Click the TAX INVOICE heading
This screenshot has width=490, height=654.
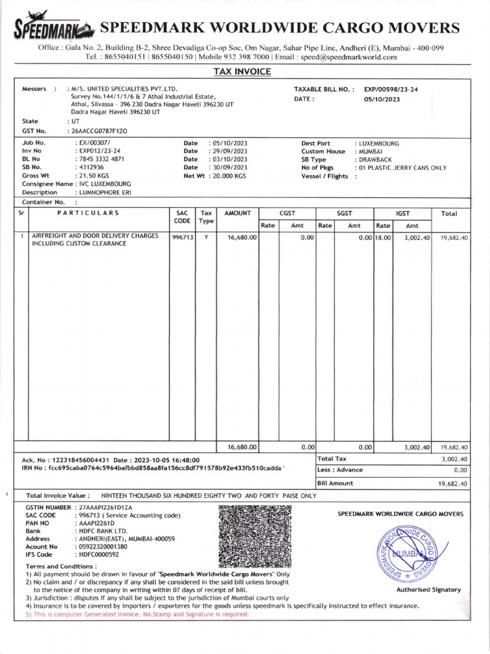click(241, 72)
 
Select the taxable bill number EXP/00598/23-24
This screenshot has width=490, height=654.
click(391, 90)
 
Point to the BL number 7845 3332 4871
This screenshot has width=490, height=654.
click(100, 159)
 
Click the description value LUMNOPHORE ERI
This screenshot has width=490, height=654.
click(104, 192)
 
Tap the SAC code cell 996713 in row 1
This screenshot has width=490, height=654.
click(182, 237)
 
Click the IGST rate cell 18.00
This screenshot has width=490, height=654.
click(383, 238)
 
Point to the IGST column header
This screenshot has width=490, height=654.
click(402, 213)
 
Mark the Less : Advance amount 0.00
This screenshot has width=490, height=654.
click(459, 470)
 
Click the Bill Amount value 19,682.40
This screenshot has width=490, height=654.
click(453, 484)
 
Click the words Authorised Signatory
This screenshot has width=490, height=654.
click(428, 589)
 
